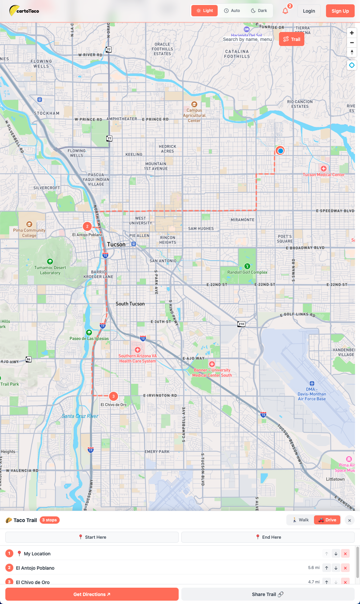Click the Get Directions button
point(92,594)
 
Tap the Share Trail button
point(268,594)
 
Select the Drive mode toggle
point(327,520)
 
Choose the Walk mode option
point(300,520)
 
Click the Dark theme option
point(259,11)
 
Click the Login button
point(309,11)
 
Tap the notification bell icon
point(285,11)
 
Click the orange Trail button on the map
point(292,39)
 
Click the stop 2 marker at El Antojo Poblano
point(87,227)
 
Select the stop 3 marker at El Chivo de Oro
point(114,396)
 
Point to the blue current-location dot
point(280,151)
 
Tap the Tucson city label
point(116,245)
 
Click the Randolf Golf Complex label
point(247,272)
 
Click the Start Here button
point(92,537)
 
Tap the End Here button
point(268,537)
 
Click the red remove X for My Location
point(345,554)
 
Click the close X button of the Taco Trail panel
point(349,520)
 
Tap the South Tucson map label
point(130,304)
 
